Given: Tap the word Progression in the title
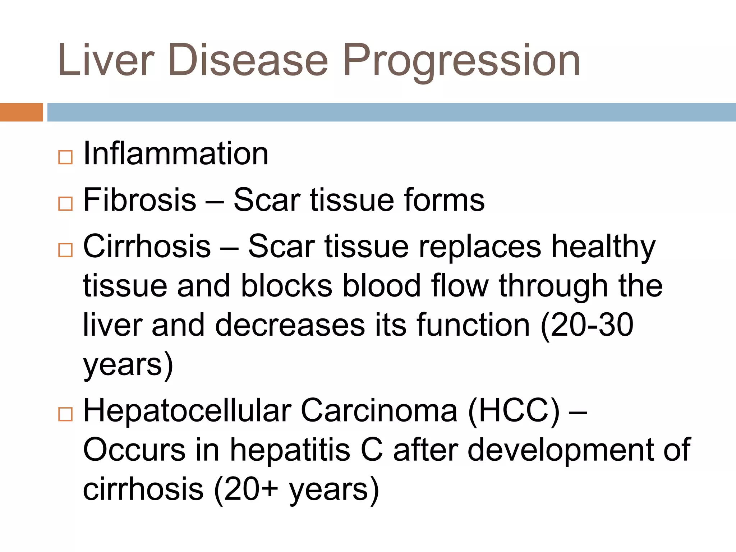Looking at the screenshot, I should point(461,60).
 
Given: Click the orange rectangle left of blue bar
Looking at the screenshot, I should point(21,112).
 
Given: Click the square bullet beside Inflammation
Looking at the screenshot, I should point(65,157).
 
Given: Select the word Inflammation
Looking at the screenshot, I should point(176,153).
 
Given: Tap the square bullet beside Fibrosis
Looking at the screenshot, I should point(65,204).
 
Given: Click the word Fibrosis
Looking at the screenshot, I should point(140,200).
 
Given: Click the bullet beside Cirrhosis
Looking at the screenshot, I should point(65,250).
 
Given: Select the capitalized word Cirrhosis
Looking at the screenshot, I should point(147,246).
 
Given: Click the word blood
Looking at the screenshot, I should point(381,286).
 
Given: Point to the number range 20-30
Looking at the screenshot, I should point(592,325).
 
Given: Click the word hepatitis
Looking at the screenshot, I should point(290,450).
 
